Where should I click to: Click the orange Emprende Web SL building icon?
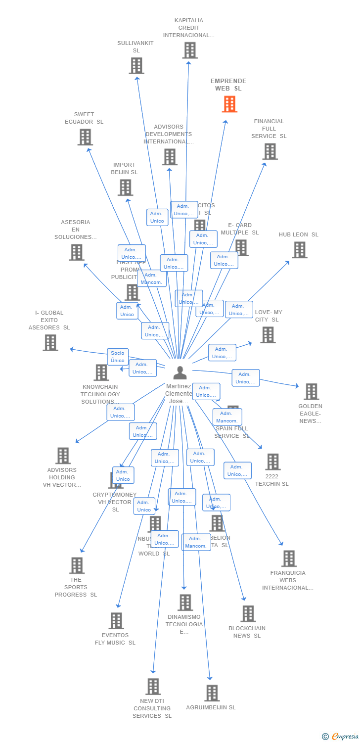click(x=229, y=104)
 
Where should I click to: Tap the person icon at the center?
click(x=180, y=372)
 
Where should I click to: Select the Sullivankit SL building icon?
click(x=136, y=65)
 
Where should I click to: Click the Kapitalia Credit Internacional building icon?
click(x=190, y=50)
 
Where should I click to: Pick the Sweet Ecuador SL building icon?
click(x=85, y=137)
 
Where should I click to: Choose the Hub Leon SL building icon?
click(x=299, y=250)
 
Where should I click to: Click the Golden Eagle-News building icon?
click(x=311, y=391)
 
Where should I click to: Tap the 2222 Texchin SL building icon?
click(x=272, y=462)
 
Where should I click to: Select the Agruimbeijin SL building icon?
click(x=212, y=693)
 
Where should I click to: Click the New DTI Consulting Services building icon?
click(x=153, y=686)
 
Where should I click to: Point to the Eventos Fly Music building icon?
click(x=116, y=621)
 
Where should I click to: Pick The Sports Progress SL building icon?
click(x=77, y=565)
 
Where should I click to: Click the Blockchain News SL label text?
click(x=247, y=632)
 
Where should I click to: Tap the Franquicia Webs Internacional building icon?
click(x=289, y=558)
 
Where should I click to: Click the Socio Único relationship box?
click(x=118, y=357)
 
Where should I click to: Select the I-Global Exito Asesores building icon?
click(x=50, y=342)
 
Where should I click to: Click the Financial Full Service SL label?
click(x=269, y=129)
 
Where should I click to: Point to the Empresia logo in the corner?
click(x=341, y=737)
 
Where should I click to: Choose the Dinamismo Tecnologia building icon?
click(x=185, y=603)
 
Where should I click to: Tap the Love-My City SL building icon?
click(x=268, y=335)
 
